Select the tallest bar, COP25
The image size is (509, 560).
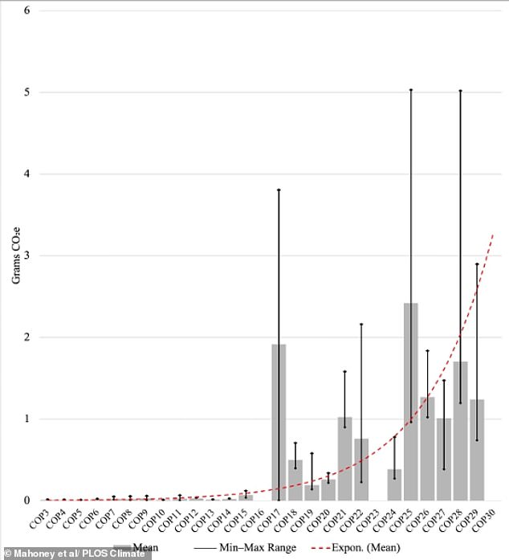click(410, 402)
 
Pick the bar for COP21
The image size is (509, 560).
click(344, 458)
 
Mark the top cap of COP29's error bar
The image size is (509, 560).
click(477, 264)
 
